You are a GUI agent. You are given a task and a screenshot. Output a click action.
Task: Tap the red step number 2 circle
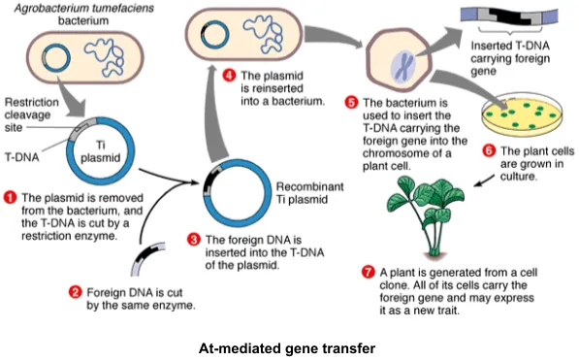click(75, 291)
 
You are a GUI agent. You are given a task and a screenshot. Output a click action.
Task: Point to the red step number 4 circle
click(230, 75)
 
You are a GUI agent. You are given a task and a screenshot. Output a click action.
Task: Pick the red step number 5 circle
click(351, 102)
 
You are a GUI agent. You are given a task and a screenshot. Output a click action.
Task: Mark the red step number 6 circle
click(489, 151)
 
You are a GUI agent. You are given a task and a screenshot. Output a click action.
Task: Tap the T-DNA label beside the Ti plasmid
click(21, 155)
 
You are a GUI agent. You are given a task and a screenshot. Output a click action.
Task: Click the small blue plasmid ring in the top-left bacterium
click(61, 55)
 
